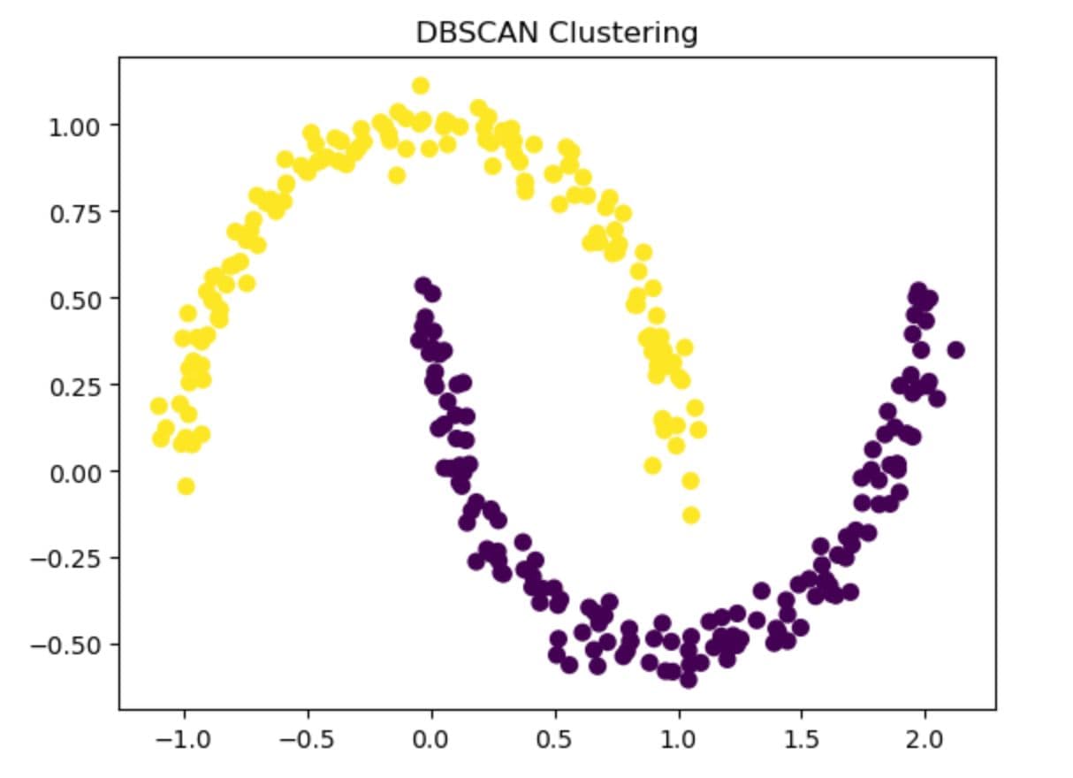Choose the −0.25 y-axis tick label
[73, 558]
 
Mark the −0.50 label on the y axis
[73, 644]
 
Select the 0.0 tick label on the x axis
[431, 738]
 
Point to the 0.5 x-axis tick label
[555, 738]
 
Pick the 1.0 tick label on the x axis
[678, 738]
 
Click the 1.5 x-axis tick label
[802, 738]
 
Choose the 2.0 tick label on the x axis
[925, 738]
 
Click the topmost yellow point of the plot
[421, 86]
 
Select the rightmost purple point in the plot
[955, 350]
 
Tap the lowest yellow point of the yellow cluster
[691, 515]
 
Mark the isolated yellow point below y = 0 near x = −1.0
[186, 485]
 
